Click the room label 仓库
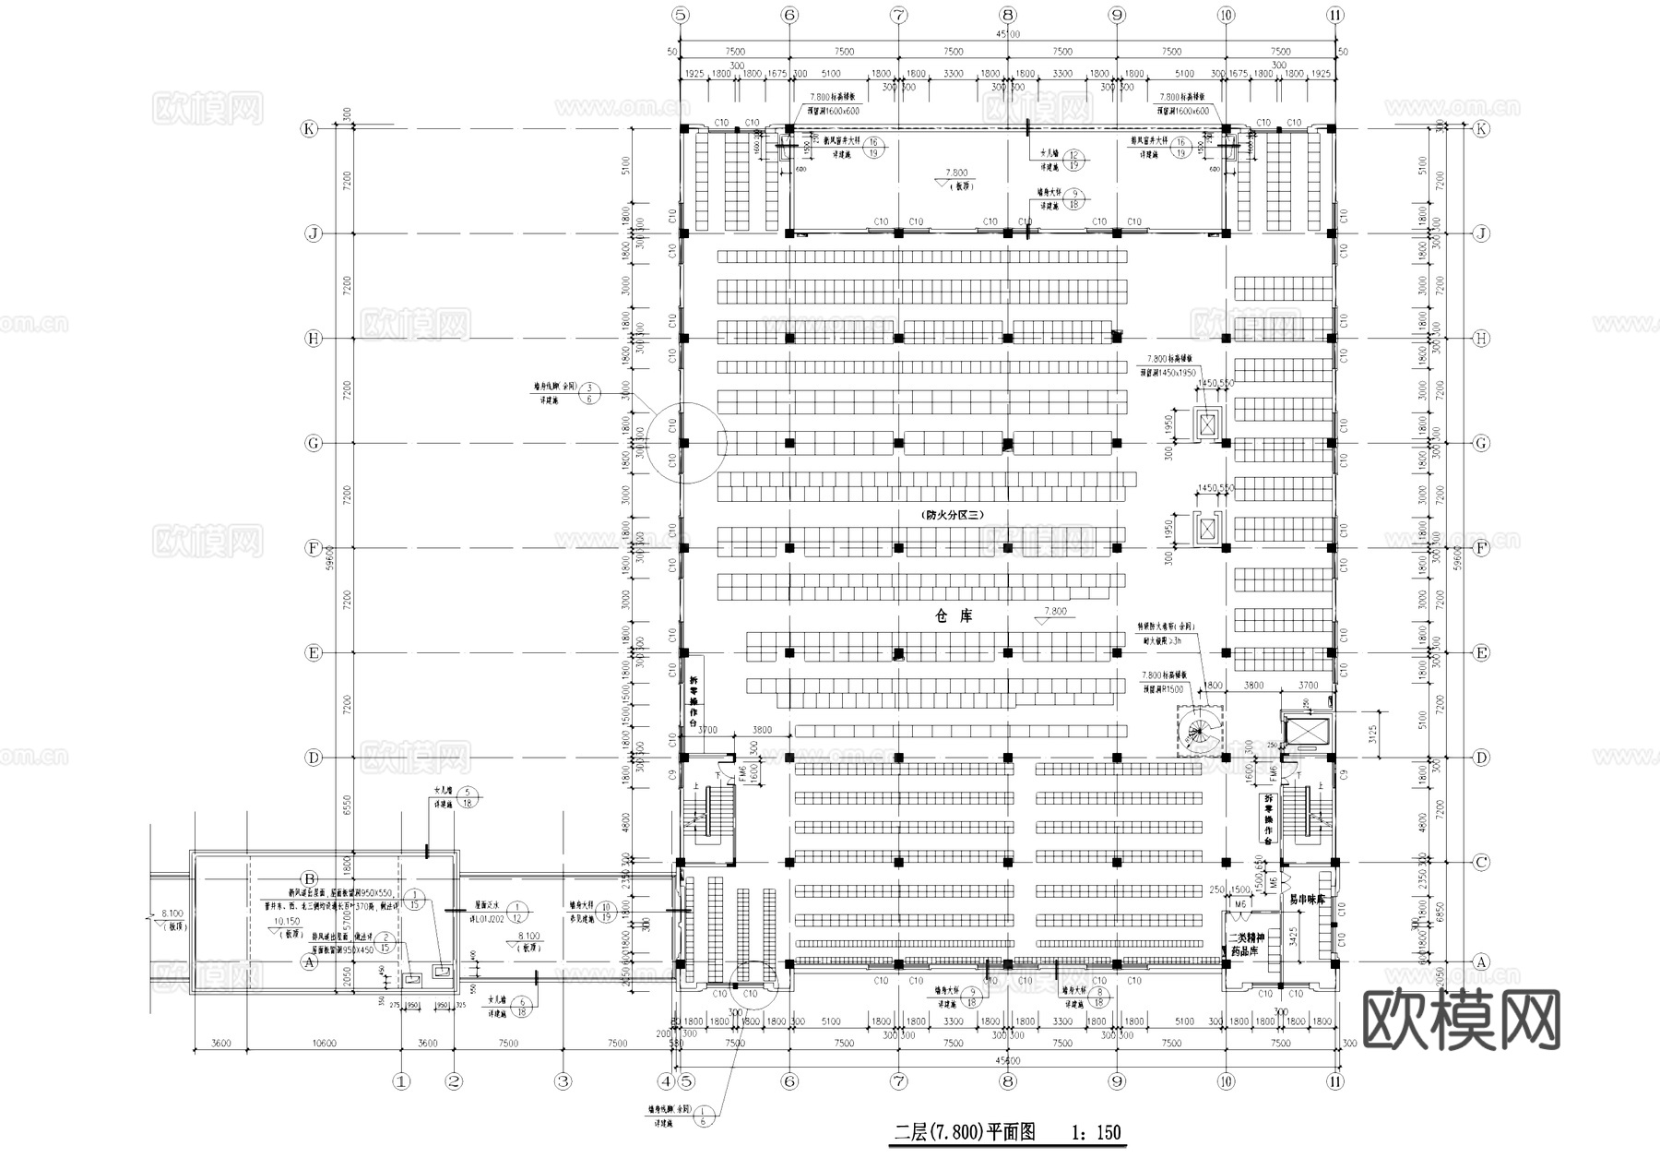pyautogui.click(x=954, y=615)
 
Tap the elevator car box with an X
pyautogui.click(x=1305, y=731)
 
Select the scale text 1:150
pyautogui.click(x=1097, y=1131)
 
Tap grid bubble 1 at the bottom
pyautogui.click(x=400, y=1080)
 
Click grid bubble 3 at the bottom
pyautogui.click(x=563, y=1080)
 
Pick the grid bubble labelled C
pyautogui.click(x=1481, y=863)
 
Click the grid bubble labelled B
pyautogui.click(x=310, y=878)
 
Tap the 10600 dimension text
pyautogui.click(x=324, y=1044)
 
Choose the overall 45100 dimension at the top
pyautogui.click(x=1009, y=34)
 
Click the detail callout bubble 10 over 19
pyautogui.click(x=606, y=912)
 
